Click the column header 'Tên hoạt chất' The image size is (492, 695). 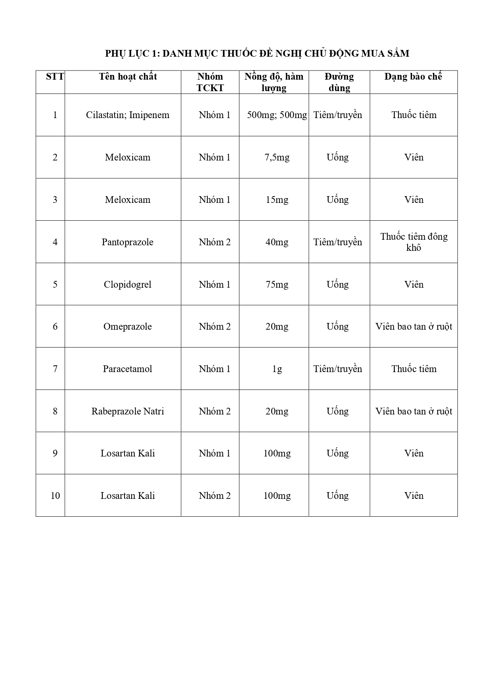[128, 76]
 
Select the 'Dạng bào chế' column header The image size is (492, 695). [413, 76]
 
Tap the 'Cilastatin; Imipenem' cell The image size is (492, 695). [128, 115]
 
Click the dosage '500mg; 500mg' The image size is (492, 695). [277, 115]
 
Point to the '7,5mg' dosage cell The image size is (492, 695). [277, 157]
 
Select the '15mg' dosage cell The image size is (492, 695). [277, 200]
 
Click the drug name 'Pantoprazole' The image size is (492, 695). [127, 242]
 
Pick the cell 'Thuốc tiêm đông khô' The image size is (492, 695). [414, 242]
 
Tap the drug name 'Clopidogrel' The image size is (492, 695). [127, 284]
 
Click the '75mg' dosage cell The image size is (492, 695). [277, 284]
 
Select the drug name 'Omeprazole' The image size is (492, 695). [127, 326]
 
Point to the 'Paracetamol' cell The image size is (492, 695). [127, 369]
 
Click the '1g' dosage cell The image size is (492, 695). [277, 369]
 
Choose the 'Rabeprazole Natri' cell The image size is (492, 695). [128, 411]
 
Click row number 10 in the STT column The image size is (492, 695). [55, 496]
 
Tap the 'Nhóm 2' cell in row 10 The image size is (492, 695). [214, 496]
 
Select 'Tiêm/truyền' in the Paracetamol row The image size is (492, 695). [338, 369]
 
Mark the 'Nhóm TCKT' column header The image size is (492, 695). [210, 82]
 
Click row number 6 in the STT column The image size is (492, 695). [55, 326]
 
